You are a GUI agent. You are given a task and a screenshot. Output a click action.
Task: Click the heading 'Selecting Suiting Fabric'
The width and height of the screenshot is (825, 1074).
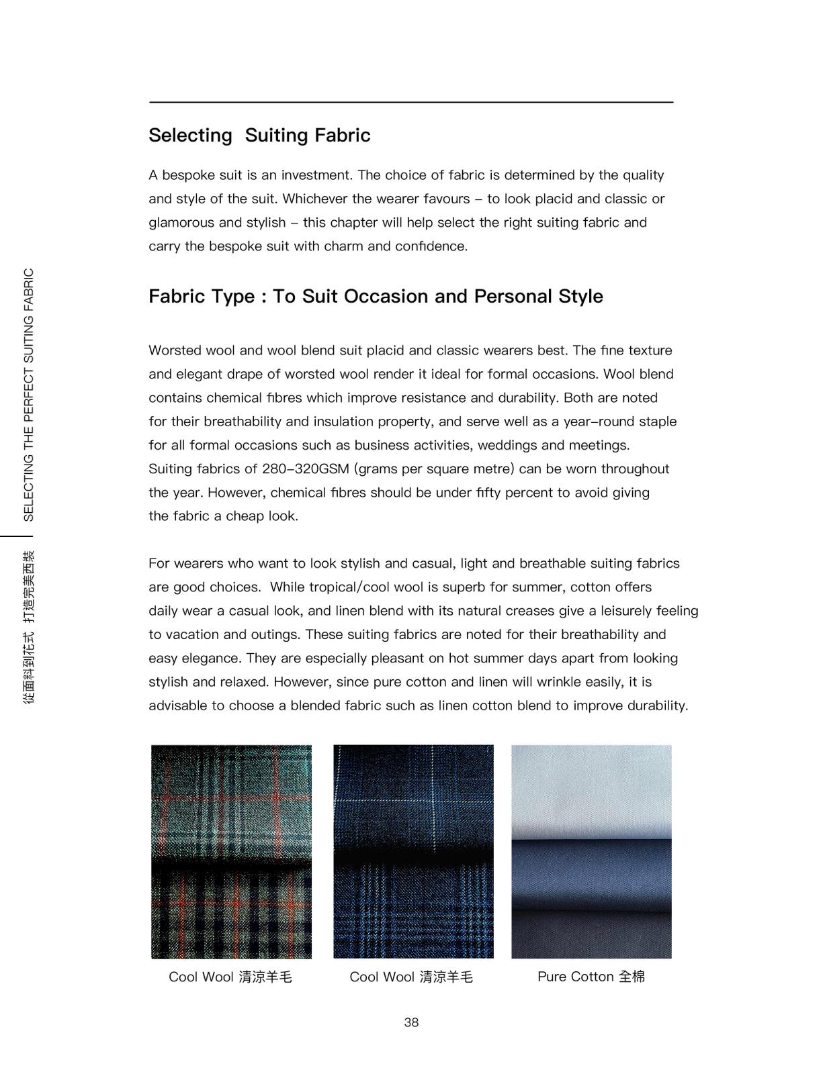click(x=259, y=136)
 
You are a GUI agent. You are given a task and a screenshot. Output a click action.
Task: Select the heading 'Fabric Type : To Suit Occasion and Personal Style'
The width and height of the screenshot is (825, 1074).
click(x=376, y=297)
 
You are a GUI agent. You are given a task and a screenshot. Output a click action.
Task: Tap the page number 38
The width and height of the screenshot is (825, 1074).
click(x=411, y=1022)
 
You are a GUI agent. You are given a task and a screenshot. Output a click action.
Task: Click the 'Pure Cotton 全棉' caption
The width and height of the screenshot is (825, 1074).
click(x=591, y=977)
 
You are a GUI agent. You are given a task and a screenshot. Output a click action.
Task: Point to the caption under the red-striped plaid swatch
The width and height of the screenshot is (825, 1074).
click(x=230, y=977)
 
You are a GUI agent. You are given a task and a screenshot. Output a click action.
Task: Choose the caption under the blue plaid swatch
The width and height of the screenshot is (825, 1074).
click(x=411, y=977)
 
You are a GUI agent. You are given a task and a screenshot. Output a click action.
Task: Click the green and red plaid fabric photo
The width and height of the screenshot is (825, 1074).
click(x=231, y=851)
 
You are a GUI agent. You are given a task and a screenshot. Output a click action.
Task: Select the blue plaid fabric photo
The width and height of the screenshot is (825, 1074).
click(x=413, y=851)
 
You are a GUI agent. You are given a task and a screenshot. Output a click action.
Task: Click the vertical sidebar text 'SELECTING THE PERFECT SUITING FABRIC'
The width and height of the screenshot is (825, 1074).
click(x=28, y=395)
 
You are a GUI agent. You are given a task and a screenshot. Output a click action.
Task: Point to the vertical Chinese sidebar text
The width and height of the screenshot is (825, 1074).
click(x=28, y=627)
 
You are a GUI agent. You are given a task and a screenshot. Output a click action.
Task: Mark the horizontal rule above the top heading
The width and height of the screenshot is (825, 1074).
click(x=411, y=102)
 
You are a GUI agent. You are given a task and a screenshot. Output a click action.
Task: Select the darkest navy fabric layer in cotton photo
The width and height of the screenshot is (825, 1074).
click(x=591, y=936)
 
